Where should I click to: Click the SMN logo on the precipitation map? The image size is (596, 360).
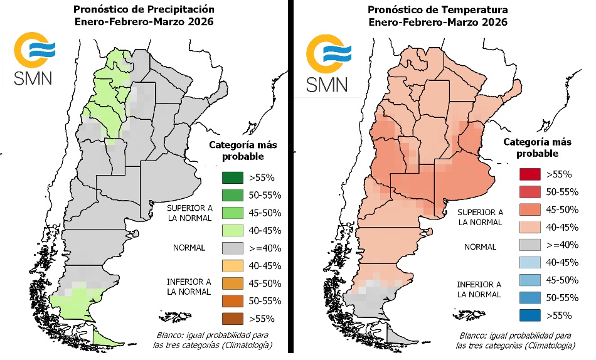[x=35, y=61]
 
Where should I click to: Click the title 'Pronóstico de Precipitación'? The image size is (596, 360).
[x=144, y=9]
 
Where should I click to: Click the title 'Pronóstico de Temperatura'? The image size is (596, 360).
[x=437, y=9]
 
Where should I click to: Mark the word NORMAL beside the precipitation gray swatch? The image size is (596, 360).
[x=189, y=248]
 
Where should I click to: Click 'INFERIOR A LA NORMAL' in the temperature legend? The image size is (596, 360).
[x=480, y=289]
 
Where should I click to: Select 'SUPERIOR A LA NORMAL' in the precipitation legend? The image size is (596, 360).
[x=189, y=212]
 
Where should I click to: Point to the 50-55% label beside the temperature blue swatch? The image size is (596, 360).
[x=561, y=297]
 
